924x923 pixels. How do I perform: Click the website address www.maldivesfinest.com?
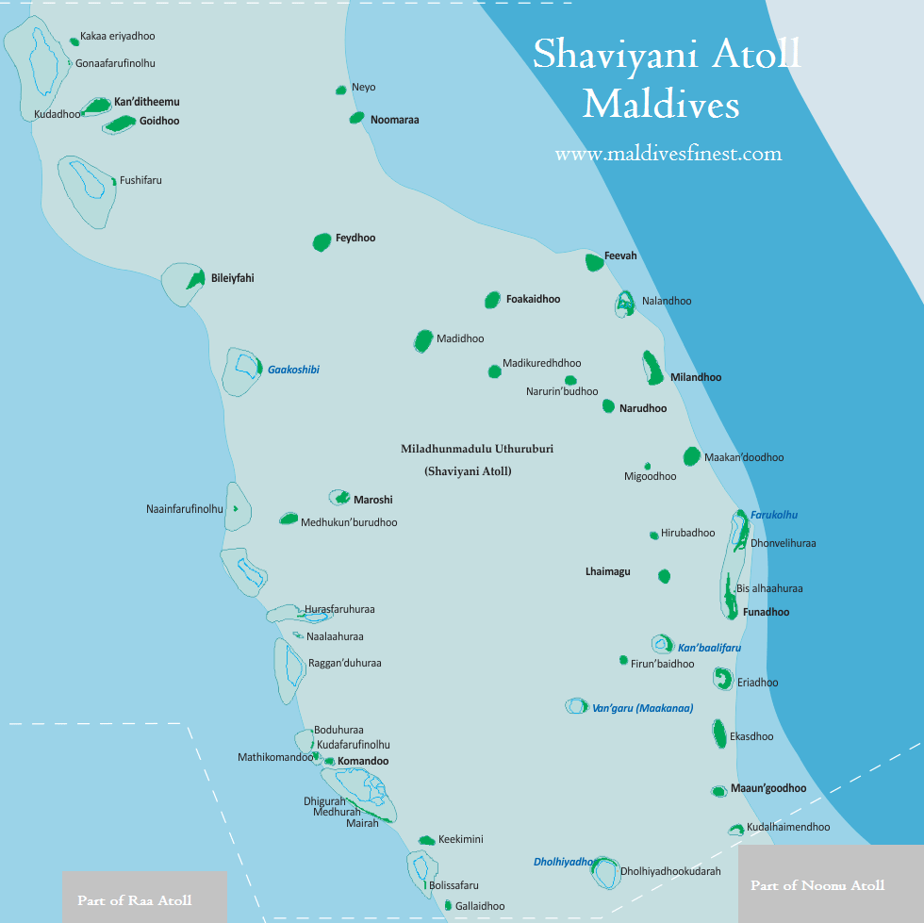click(668, 154)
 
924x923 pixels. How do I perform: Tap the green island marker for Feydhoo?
click(322, 241)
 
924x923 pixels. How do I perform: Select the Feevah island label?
click(620, 256)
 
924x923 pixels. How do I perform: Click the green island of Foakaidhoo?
click(492, 300)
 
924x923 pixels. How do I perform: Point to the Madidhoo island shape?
click(423, 340)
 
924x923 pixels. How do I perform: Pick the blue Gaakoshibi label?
click(293, 370)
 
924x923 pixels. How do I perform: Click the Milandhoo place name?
click(696, 377)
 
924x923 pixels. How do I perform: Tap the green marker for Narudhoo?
click(608, 406)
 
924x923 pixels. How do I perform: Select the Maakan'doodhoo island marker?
click(691, 456)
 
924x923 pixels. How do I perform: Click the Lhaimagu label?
click(608, 571)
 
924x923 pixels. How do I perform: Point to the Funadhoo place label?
click(766, 612)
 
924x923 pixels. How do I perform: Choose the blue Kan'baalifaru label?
click(709, 648)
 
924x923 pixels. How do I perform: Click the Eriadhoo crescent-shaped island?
click(723, 679)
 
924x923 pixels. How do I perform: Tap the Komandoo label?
click(363, 761)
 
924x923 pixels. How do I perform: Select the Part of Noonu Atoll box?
click(817, 885)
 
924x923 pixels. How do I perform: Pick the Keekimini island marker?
click(426, 840)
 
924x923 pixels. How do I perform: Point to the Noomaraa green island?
click(356, 118)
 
